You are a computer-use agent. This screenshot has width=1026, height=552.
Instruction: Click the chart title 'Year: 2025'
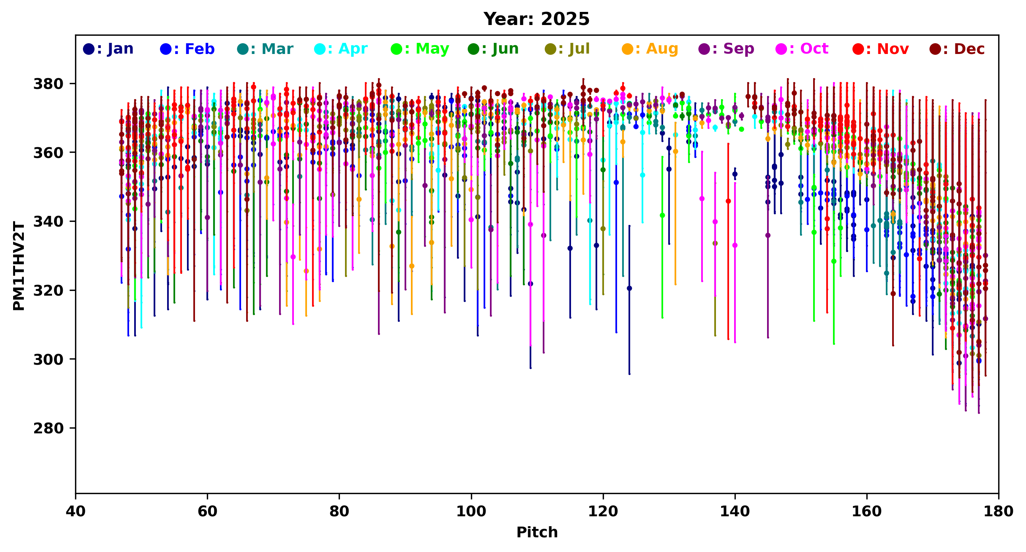(536, 19)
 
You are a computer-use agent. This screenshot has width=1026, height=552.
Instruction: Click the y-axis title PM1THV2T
(19, 266)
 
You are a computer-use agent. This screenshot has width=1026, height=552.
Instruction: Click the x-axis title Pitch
(537, 532)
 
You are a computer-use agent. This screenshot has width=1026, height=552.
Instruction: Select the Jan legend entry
(108, 49)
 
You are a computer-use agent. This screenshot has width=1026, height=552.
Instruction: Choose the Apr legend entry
(341, 49)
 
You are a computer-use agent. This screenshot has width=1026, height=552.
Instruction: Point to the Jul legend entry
(567, 49)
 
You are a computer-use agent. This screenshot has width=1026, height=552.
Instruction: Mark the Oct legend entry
(802, 49)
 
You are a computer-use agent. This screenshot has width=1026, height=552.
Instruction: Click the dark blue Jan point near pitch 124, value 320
(629, 288)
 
